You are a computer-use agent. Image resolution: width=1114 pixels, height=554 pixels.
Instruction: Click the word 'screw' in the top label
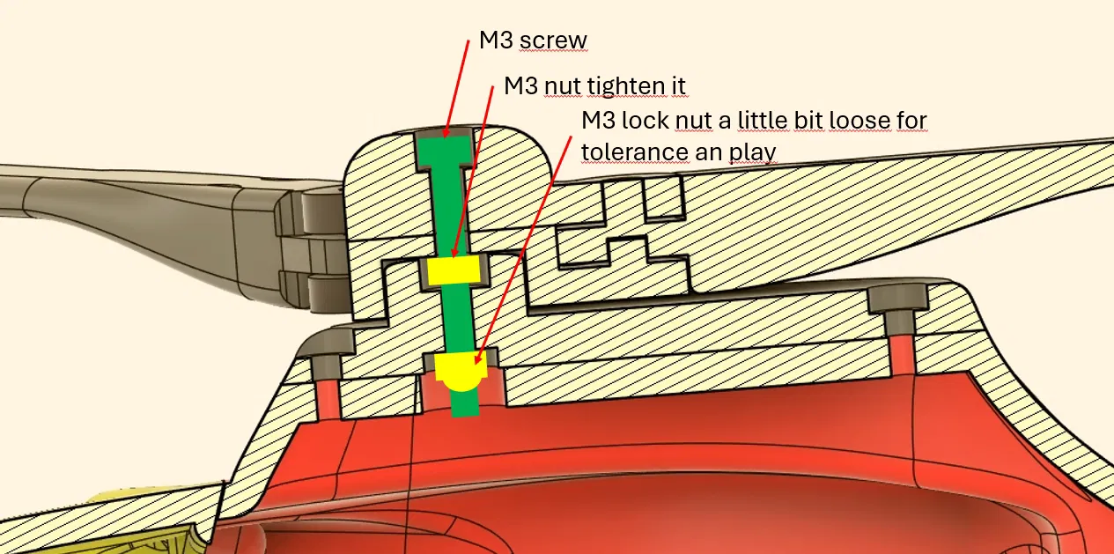point(553,41)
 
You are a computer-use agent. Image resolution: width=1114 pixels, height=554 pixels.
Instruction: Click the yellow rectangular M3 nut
point(454,270)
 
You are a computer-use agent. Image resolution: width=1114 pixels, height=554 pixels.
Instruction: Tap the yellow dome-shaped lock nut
point(461,372)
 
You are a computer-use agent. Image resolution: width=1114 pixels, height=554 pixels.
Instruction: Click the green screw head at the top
point(444,151)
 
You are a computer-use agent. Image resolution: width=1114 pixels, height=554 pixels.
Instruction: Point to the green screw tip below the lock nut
point(465,403)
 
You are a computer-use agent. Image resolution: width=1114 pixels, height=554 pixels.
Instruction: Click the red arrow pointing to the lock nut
point(523,250)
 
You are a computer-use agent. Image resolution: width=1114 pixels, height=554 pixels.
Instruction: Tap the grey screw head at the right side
point(898,299)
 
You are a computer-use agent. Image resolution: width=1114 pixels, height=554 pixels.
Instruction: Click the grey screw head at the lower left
point(326,366)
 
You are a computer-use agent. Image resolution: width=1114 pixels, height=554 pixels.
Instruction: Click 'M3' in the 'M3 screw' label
point(496,40)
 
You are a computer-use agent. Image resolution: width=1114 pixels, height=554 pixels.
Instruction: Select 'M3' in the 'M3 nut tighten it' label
point(520,86)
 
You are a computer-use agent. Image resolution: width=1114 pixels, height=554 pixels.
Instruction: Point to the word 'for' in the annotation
point(912,121)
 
